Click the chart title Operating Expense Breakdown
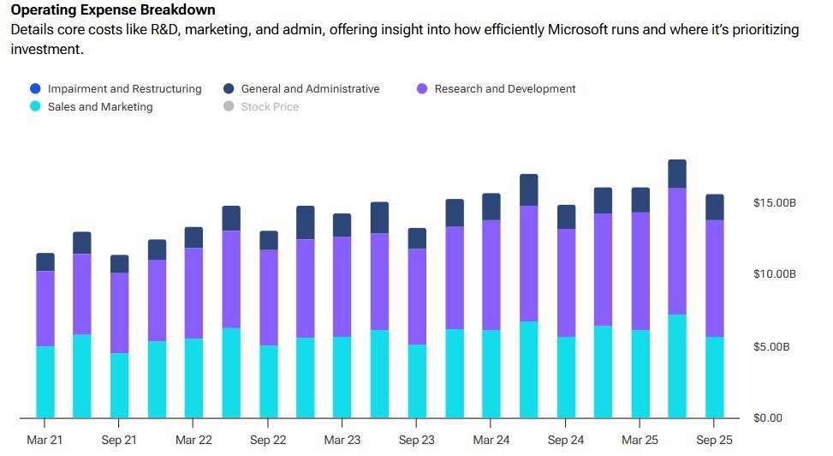(113, 10)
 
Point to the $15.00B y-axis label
(775, 203)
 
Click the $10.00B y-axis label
(775, 274)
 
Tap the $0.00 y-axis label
(768, 418)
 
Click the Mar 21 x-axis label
(45, 440)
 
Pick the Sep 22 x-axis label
(268, 440)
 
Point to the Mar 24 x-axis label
(491, 440)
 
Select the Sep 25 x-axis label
(714, 440)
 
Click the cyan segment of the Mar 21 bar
(45, 382)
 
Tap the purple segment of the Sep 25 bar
(714, 279)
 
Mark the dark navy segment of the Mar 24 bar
(491, 207)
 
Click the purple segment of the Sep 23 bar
(417, 297)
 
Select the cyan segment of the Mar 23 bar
(342, 377)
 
